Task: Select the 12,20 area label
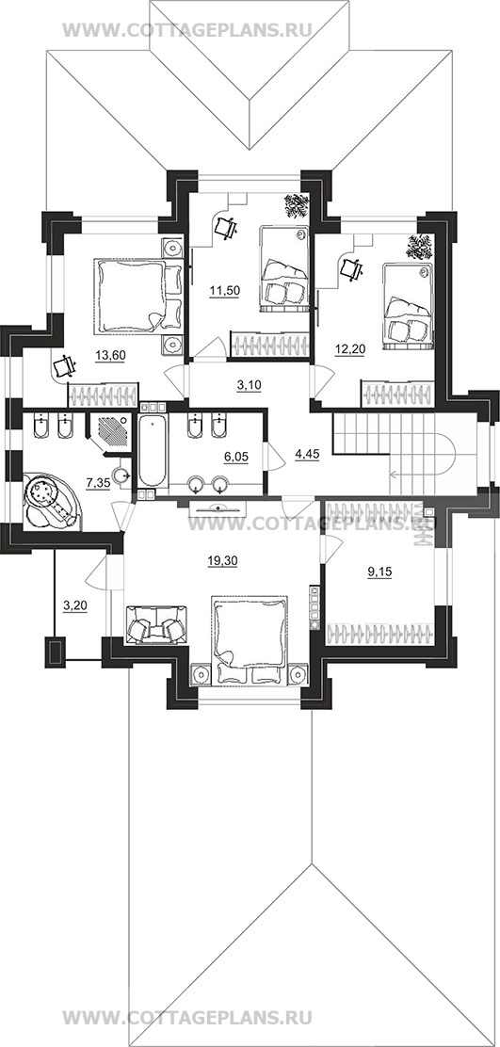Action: pos(348,351)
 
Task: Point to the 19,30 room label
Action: pos(220,561)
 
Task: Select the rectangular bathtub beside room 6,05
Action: pos(153,451)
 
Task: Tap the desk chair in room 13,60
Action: pos(64,366)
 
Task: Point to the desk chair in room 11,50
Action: pos(226,228)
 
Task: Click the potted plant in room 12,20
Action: pos(420,247)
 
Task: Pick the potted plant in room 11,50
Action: pos(296,205)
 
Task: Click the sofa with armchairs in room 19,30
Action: pos(156,625)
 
